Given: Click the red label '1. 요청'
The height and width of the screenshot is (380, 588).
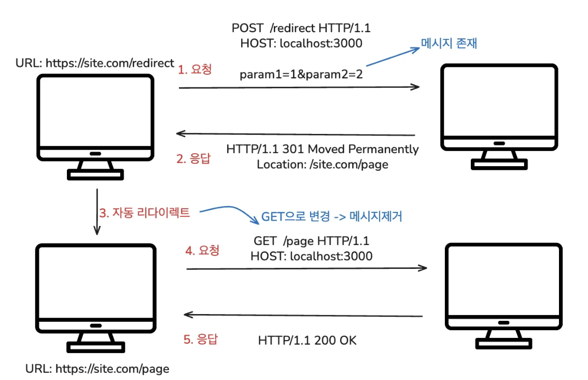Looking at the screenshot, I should click(x=195, y=70).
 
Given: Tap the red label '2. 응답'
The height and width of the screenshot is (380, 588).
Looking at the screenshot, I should click(x=193, y=159).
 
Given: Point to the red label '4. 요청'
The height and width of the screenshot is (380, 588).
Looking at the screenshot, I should click(x=202, y=250).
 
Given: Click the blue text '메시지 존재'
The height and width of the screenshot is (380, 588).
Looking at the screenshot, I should click(x=449, y=44).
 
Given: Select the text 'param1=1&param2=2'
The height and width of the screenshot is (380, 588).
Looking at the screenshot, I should click(x=301, y=74).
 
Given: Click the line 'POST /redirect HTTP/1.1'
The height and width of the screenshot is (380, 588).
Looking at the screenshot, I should click(x=301, y=28).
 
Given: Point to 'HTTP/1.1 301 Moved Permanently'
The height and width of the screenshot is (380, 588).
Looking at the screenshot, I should click(x=323, y=149).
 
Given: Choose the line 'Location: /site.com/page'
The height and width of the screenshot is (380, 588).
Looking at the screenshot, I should click(x=323, y=165).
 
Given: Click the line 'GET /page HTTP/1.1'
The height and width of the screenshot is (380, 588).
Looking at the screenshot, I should click(x=311, y=241).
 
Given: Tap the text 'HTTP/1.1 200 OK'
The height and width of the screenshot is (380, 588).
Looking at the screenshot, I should click(x=307, y=341).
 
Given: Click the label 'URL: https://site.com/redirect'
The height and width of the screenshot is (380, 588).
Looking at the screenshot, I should click(x=95, y=63).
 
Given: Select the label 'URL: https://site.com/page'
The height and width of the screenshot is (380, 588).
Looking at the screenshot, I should click(x=97, y=369).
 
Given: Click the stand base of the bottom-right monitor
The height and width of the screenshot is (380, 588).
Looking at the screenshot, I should click(x=504, y=344).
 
